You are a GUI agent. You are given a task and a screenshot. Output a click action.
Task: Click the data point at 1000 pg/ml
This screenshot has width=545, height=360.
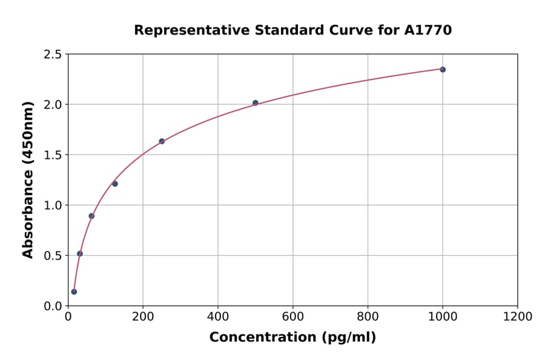[x=443, y=70]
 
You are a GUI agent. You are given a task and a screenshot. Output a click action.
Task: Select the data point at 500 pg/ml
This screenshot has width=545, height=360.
[x=256, y=103]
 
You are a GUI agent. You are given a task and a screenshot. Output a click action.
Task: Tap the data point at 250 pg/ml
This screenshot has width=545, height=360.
[x=162, y=141]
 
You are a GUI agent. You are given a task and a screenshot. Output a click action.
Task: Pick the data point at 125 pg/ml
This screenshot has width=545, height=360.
[x=115, y=184]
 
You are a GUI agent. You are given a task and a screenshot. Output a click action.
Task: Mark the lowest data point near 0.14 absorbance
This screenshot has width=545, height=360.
[x=74, y=292]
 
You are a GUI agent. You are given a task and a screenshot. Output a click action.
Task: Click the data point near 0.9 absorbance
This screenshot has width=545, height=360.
[x=91, y=216]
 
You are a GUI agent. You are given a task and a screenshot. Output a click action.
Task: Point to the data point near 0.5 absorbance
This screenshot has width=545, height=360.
[x=80, y=254]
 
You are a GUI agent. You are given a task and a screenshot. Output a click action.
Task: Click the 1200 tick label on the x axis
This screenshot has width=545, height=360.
[x=518, y=317]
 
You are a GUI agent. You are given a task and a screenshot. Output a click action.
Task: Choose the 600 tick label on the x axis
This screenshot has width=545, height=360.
[x=293, y=317]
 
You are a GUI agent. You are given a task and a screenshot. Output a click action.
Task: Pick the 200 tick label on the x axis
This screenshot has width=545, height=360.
[x=143, y=317]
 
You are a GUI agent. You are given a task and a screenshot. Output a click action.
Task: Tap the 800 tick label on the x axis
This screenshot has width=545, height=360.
[x=368, y=317]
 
